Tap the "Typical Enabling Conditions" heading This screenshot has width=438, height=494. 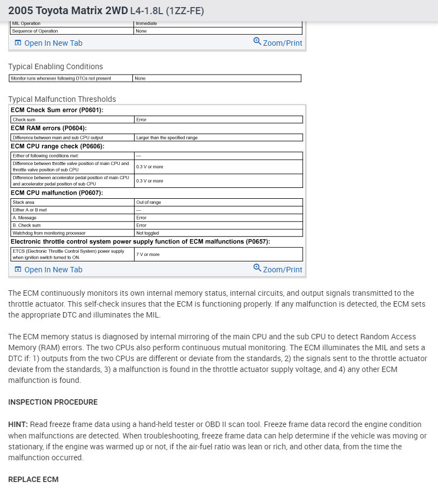click(55, 66)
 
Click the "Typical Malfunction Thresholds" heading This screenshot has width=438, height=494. click(62, 99)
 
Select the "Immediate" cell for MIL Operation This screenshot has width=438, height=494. click(146, 23)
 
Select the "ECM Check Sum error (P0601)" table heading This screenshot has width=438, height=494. click(57, 111)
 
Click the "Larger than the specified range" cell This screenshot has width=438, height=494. click(167, 138)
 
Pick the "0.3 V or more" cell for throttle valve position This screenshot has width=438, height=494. click(149, 166)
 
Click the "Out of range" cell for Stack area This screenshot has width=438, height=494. click(148, 202)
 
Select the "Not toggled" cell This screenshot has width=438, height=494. click(148, 233)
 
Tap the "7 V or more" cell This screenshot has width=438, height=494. click(148, 254)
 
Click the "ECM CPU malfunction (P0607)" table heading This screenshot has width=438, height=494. click(57, 193)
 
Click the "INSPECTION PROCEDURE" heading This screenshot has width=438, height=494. click(53, 402)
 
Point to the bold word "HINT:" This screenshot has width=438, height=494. click(18, 424)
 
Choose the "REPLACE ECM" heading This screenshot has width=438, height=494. click(33, 479)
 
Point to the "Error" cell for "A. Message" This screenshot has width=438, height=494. click(141, 217)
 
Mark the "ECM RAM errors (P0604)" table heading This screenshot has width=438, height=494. click(48, 128)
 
